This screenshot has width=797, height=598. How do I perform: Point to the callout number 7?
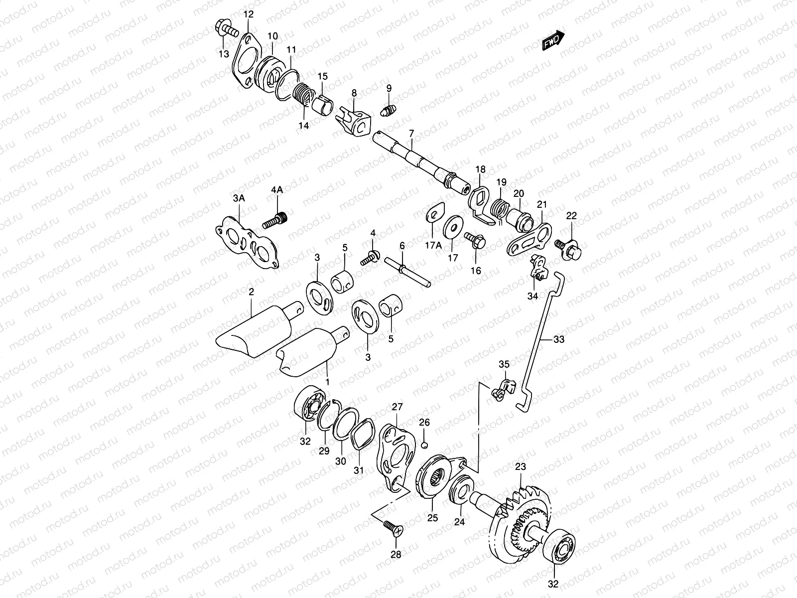411,134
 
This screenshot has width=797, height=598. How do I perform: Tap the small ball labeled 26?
424,445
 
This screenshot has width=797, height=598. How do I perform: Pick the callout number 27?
397,407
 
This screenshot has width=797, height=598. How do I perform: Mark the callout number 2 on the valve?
251,292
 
